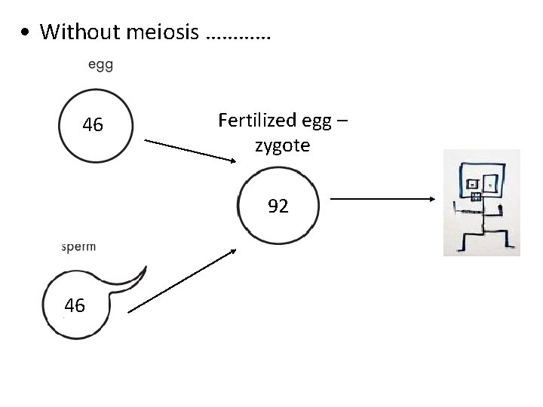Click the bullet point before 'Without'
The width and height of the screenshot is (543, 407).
[26, 33]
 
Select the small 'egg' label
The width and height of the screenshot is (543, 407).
[100, 64]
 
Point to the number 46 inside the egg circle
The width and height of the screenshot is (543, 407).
[93, 124]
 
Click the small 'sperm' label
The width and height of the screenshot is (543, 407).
[78, 246]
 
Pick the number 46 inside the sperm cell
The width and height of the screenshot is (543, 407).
[75, 305]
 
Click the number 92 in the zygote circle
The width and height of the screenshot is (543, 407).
[278, 206]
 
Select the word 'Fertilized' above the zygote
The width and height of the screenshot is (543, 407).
[253, 120]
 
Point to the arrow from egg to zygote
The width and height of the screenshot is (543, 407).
[190, 150]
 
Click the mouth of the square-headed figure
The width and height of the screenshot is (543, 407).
[476, 197]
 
